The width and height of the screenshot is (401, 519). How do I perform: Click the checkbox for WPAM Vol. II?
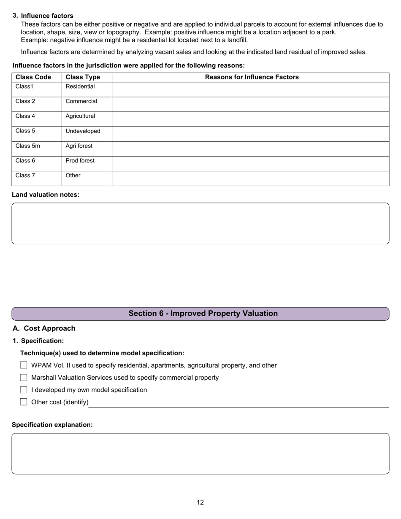(x=24, y=365)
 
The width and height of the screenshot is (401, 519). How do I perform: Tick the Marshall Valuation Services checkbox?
(x=24, y=378)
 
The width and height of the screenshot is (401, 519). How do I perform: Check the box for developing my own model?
(x=24, y=390)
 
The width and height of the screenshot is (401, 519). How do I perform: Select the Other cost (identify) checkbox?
(x=24, y=402)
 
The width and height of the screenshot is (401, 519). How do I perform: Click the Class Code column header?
(x=33, y=77)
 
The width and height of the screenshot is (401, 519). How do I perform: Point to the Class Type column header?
(x=83, y=77)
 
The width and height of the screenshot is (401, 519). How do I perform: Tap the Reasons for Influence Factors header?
(x=252, y=77)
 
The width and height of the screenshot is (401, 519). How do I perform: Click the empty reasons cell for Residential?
(x=250, y=89)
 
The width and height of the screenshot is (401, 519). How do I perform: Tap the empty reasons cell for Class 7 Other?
(x=250, y=178)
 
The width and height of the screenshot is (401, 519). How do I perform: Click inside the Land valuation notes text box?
(x=200, y=223)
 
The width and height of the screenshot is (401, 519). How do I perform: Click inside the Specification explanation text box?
(x=200, y=454)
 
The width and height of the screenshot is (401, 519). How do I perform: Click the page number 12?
(x=200, y=502)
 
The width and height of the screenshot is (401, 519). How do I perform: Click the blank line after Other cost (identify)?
(x=238, y=403)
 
